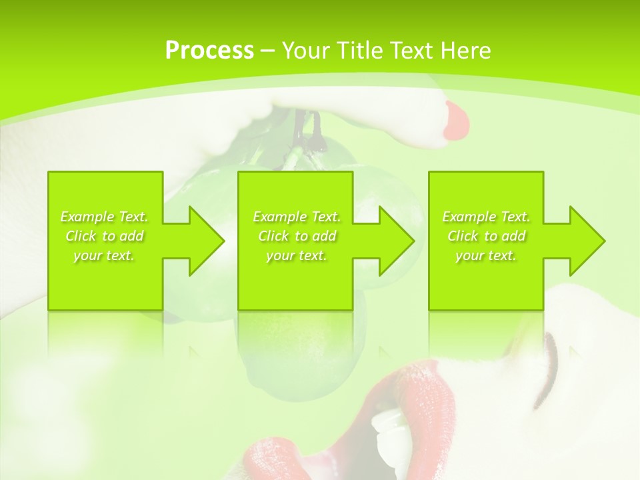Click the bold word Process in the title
209,51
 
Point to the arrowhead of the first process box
207,241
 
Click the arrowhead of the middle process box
397,241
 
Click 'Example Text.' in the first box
105,217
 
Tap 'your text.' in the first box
105,255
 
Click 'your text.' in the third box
486,255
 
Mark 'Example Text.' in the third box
486,217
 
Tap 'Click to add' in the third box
486,236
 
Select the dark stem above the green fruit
310,130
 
